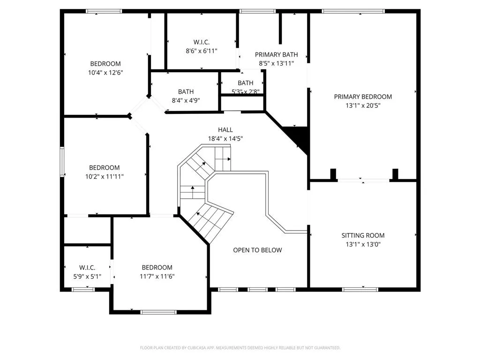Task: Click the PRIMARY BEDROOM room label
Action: click(x=363, y=97)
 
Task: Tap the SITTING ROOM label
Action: click(x=363, y=235)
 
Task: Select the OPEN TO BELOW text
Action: click(x=257, y=250)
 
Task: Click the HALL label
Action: click(x=225, y=130)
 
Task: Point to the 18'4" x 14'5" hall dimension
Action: click(x=225, y=139)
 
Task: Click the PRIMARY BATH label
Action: click(x=276, y=54)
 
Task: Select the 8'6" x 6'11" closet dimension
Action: click(x=202, y=50)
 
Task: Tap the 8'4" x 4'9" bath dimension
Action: click(x=186, y=100)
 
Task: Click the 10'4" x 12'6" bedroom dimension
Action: click(x=105, y=73)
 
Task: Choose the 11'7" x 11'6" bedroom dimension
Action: click(x=157, y=276)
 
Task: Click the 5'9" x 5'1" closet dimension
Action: click(x=87, y=276)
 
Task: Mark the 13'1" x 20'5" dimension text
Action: click(x=363, y=105)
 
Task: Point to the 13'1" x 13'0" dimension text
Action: click(x=363, y=244)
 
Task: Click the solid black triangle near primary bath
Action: click(x=298, y=138)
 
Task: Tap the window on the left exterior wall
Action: click(x=61, y=161)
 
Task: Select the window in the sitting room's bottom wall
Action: click(x=360, y=289)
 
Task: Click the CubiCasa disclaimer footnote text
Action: click(x=240, y=348)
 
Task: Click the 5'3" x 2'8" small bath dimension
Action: click(x=245, y=92)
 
